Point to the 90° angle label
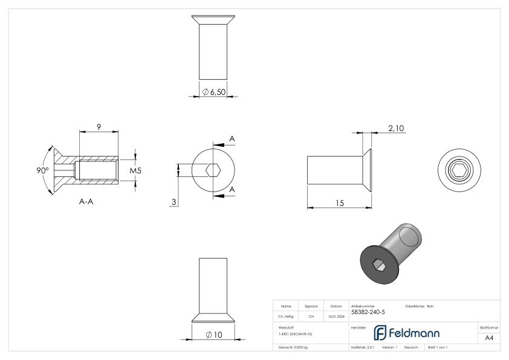(42, 171)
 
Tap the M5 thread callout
(135, 171)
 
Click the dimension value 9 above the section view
(99, 127)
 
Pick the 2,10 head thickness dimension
(396, 127)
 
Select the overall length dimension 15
(340, 204)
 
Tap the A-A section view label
(86, 202)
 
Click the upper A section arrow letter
(232, 140)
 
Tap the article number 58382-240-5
(367, 312)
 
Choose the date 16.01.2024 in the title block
(336, 315)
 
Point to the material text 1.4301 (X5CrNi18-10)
(296, 333)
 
